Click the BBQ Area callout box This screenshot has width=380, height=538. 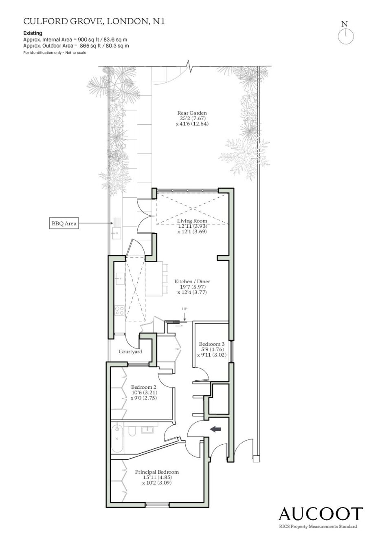point(64,223)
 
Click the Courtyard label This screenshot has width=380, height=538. point(130,352)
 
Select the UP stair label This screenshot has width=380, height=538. point(185,309)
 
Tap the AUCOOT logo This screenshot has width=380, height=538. point(321,514)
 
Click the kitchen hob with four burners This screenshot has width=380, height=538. point(120,310)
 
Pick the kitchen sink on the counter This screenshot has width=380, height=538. point(120,279)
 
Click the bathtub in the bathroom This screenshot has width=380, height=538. point(118,439)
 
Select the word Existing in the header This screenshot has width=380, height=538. point(33,33)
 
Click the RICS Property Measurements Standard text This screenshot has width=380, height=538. point(318,527)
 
